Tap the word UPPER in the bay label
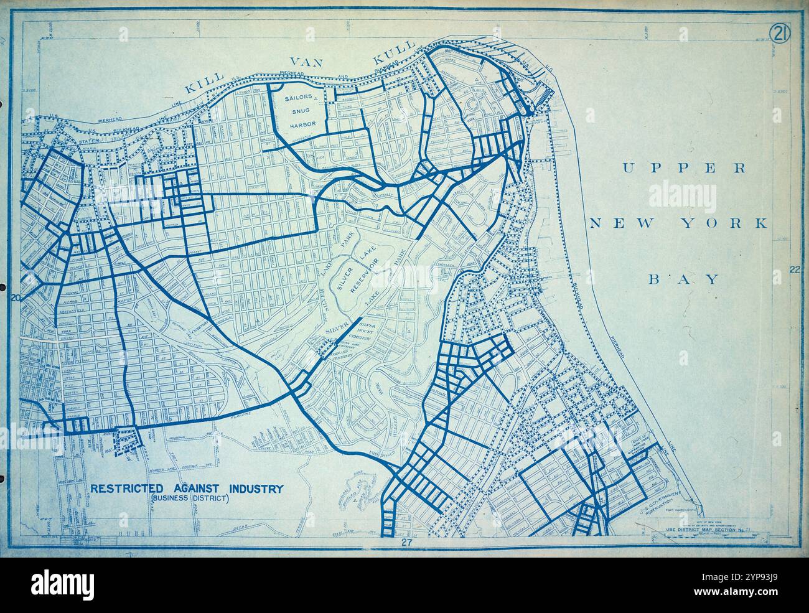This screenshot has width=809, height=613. [x=683, y=167]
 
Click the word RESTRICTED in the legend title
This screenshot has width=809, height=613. [x=127, y=489]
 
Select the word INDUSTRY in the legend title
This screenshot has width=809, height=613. [x=256, y=489]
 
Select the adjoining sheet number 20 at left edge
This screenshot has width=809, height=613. [x=17, y=298]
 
